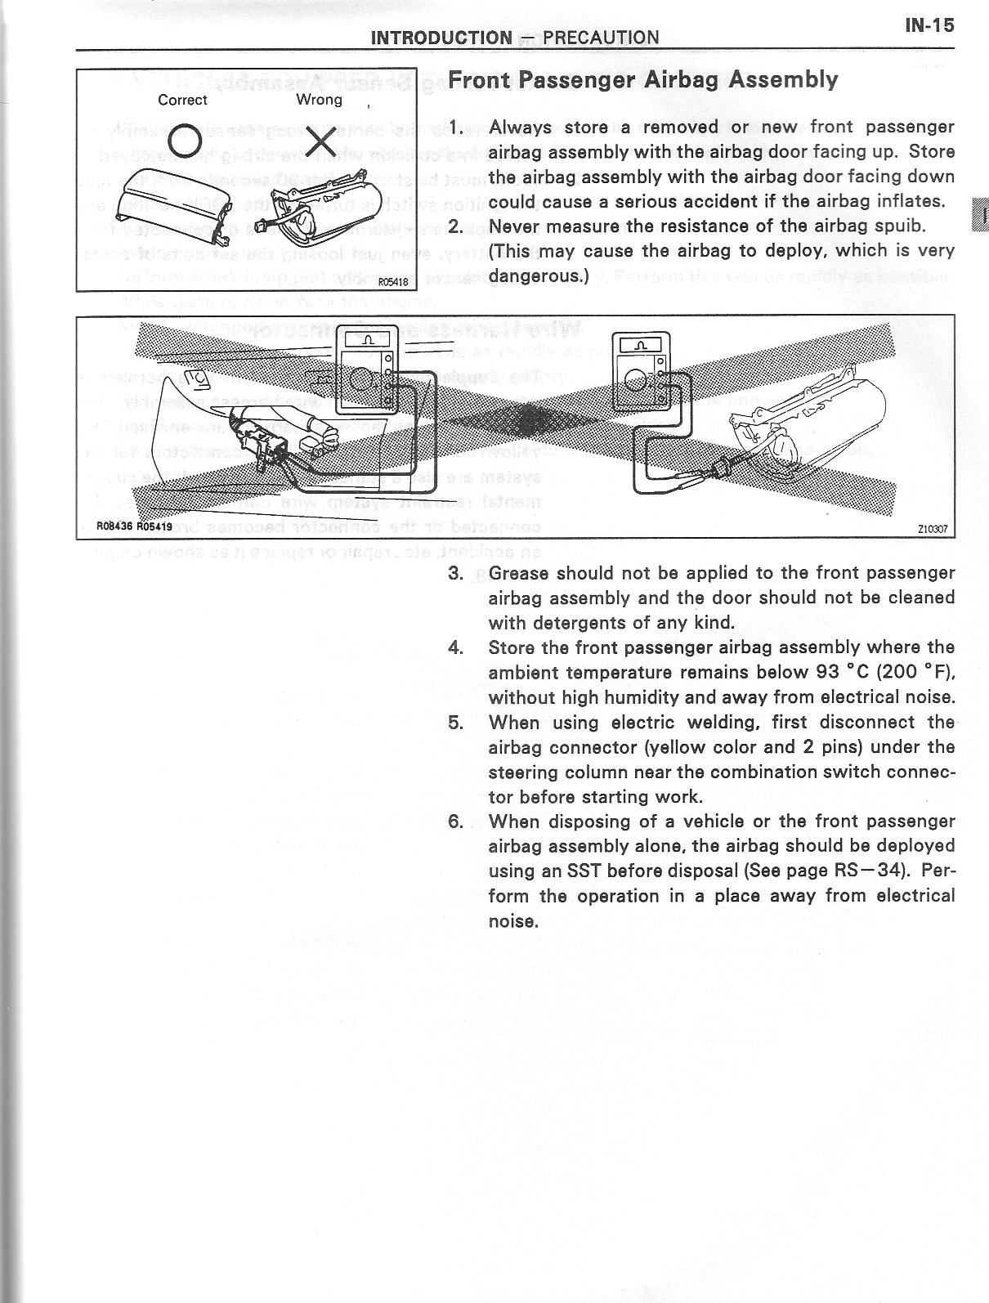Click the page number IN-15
tap(929, 25)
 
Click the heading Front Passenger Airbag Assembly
tap(643, 80)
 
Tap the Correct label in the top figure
tap(182, 101)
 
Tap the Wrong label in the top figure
tap(319, 100)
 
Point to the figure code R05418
tap(392, 282)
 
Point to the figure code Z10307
tap(932, 529)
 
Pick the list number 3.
tap(455, 573)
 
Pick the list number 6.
tap(455, 822)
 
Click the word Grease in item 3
tap(519, 573)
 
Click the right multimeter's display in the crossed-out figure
tap(637, 345)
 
